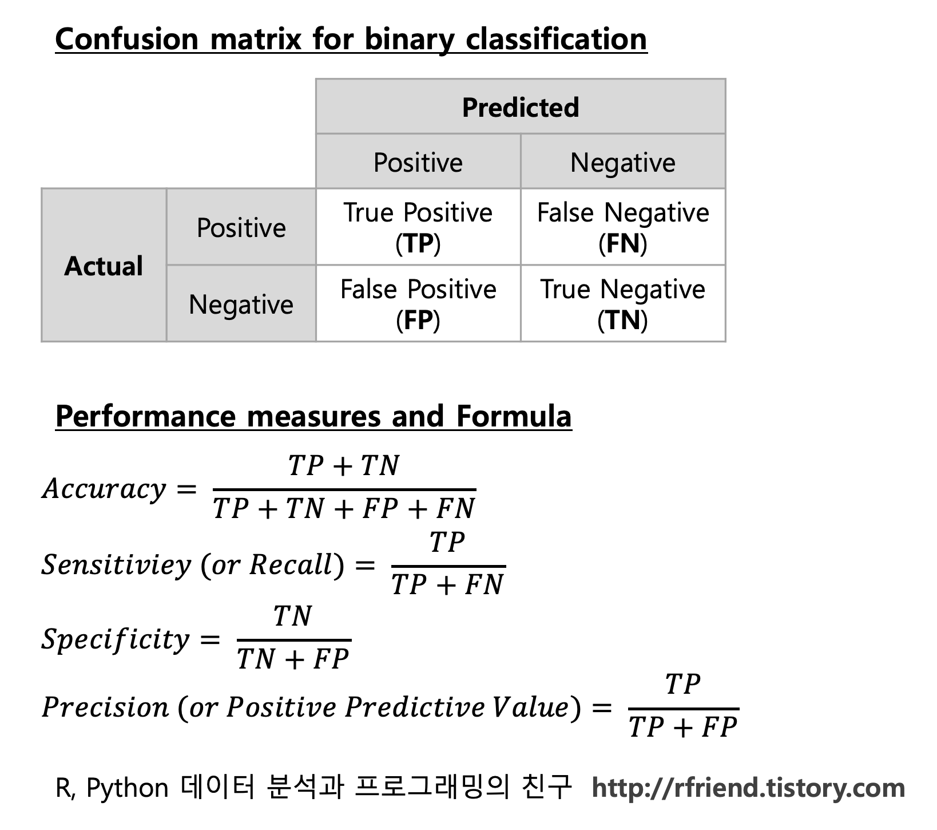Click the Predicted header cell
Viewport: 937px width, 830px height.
coord(521,107)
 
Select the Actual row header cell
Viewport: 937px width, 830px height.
coord(104,266)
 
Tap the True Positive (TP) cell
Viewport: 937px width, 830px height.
coord(418,227)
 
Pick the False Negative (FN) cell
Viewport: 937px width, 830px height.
coord(623,227)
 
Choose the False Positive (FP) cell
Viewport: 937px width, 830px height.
coord(418,304)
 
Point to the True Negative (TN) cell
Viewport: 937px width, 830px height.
coord(623,304)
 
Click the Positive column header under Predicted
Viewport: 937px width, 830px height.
coord(418,162)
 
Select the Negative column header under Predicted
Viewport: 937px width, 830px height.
coord(623,162)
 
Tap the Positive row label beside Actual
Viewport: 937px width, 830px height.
coord(241,227)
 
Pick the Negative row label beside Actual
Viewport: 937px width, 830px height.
coord(241,304)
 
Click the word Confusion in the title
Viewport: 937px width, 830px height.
coord(126,39)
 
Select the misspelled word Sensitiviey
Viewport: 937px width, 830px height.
coord(116,564)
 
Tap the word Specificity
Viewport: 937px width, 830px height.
coord(115,639)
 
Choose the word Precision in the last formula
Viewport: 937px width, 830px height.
coord(105,707)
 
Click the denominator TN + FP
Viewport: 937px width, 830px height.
coord(293,659)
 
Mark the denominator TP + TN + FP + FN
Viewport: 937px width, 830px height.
coord(344,508)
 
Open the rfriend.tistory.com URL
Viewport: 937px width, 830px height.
coord(748,788)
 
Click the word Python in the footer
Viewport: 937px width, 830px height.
coord(127,788)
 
